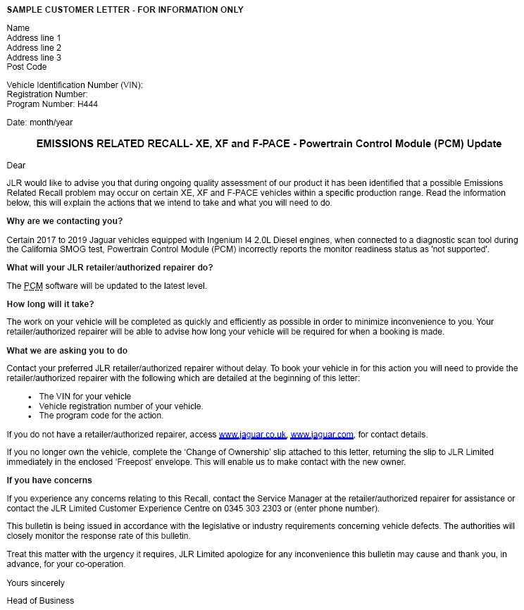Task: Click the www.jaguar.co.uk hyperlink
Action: tap(252, 435)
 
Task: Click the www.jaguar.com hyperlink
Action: tap(322, 435)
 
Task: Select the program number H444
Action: tap(87, 104)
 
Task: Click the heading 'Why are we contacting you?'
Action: tap(55, 222)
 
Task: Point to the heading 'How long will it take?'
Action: tap(49, 304)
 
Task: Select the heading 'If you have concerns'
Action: tap(49, 480)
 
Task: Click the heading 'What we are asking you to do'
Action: tap(67, 351)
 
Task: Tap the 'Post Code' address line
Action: tap(27, 67)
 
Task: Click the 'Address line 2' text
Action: tap(34, 48)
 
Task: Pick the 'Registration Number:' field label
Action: tap(47, 94)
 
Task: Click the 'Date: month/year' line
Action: tap(39, 123)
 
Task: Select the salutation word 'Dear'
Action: tap(16, 166)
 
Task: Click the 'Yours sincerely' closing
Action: tap(35, 583)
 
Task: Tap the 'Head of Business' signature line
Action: tap(40, 601)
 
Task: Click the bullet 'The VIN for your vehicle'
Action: tap(85, 397)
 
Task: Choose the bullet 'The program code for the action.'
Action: tap(101, 416)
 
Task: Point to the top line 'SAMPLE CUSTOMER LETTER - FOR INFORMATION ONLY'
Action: tap(125, 10)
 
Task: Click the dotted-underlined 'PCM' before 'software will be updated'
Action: tap(33, 286)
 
